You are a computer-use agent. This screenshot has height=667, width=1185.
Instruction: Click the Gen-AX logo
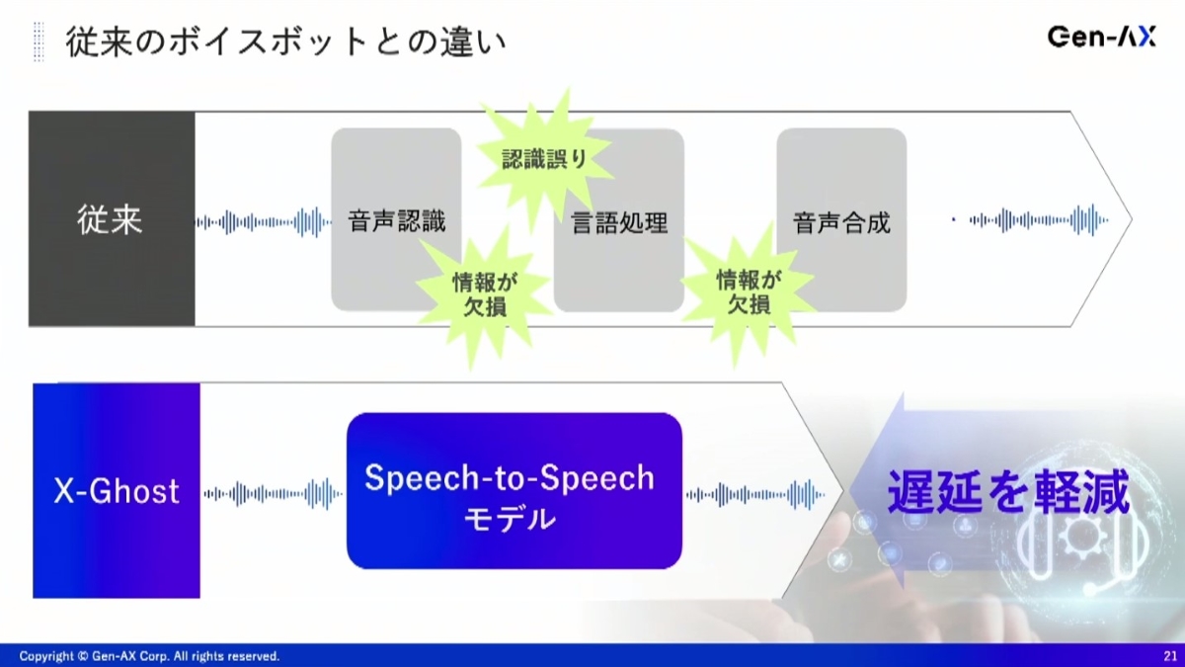click(1101, 38)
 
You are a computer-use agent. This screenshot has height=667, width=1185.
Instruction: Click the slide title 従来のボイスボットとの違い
click(285, 42)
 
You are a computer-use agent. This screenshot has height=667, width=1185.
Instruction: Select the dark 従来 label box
click(112, 218)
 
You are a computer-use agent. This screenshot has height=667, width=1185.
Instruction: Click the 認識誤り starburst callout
click(545, 158)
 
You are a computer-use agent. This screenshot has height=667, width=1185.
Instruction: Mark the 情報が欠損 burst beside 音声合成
click(749, 292)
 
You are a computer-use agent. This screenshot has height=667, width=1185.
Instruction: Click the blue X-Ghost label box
click(117, 491)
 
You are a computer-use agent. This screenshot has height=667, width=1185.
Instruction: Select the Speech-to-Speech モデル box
click(514, 491)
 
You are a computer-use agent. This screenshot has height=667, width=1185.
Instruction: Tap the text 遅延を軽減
click(1008, 492)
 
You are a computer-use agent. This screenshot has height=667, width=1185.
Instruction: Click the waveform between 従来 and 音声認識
click(264, 221)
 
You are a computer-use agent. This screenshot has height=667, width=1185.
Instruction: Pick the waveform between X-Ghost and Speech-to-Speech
click(273, 494)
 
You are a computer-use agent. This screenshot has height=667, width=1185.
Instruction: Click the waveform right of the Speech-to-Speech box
click(755, 495)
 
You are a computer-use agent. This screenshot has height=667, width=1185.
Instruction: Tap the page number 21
click(1169, 656)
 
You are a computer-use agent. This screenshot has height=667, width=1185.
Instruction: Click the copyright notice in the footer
click(149, 656)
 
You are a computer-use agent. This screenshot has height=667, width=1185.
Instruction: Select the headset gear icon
click(1083, 550)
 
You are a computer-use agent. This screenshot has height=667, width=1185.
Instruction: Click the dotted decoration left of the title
click(39, 42)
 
